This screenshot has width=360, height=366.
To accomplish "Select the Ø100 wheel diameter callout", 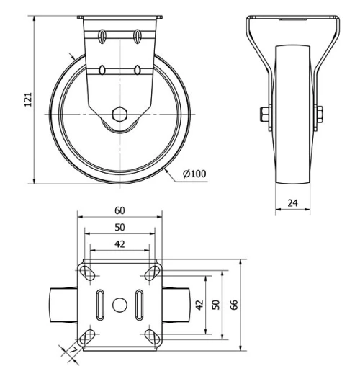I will (x=194, y=174).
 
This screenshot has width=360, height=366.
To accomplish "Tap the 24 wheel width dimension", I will (x=292, y=203).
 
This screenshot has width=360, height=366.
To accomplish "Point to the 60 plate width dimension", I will (x=120, y=210).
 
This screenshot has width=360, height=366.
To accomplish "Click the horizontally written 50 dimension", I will (x=120, y=227).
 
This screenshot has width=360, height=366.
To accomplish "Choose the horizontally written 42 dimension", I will (x=120, y=244).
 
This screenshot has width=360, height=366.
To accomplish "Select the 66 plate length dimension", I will (x=234, y=305).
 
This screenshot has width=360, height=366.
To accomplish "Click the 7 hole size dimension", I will (x=73, y=351).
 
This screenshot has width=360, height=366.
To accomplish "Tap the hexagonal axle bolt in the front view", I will (x=120, y=113).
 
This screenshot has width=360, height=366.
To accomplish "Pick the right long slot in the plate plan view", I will (x=138, y=303).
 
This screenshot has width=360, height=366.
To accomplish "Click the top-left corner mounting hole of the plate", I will (x=88, y=272).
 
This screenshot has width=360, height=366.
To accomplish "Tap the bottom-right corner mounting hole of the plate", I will (x=151, y=336).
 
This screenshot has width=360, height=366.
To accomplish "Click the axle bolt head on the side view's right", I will (x=319, y=115).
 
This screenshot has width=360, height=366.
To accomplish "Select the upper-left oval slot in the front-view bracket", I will (x=103, y=34).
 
